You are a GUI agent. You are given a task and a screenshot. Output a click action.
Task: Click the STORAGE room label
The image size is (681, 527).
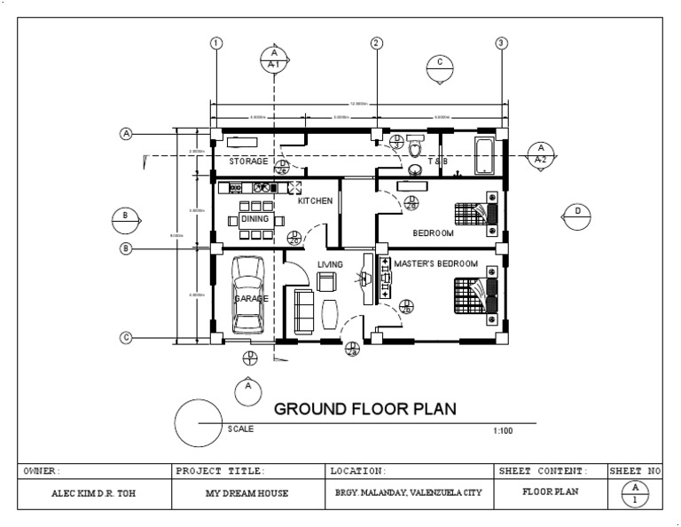(x=248, y=161)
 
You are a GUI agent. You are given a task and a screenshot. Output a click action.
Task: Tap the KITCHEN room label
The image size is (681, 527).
(x=315, y=201)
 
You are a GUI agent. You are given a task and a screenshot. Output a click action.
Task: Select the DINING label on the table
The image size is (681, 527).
(x=254, y=218)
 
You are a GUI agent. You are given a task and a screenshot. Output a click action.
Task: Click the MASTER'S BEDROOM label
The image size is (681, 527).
(x=435, y=264)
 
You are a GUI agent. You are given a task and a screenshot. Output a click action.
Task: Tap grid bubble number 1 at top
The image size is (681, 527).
(x=215, y=43)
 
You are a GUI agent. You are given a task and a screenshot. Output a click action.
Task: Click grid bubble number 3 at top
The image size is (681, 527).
(x=502, y=43)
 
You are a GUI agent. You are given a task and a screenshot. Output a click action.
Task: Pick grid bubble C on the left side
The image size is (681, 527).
(x=126, y=337)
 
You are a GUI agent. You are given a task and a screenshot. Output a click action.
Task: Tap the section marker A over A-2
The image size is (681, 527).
(x=540, y=154)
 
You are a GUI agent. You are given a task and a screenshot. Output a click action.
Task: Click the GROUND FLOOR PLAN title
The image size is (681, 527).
(x=364, y=409)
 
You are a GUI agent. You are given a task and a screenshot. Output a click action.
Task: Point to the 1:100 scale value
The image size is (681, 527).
(x=503, y=431)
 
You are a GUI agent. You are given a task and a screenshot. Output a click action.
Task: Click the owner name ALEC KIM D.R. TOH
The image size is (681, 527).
(x=94, y=493)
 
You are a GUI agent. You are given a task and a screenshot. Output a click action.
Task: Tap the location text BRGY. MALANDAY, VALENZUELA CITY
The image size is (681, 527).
(x=409, y=493)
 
